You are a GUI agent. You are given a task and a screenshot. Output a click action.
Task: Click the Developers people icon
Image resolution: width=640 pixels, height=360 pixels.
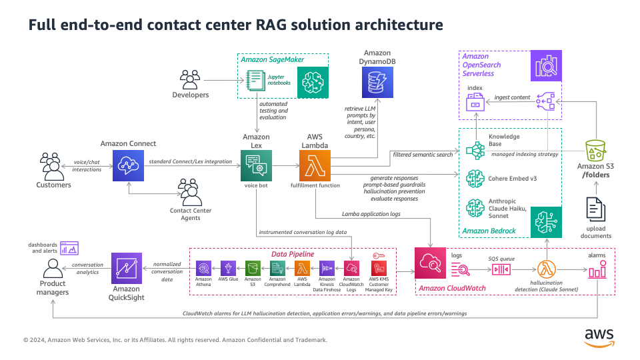[190, 80]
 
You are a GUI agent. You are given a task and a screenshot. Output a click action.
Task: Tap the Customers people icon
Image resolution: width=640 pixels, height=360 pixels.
[53, 166]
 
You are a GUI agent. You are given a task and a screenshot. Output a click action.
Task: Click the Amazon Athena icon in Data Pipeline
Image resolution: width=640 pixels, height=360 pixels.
[203, 268]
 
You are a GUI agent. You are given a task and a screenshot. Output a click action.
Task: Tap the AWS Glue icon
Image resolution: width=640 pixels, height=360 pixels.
[228, 268]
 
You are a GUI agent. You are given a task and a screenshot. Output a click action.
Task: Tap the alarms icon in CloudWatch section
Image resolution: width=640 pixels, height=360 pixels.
[597, 271]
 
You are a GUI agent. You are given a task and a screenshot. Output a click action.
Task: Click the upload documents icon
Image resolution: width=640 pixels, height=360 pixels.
[596, 210]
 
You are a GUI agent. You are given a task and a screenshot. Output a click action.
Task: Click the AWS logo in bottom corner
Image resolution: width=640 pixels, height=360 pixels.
[599, 337]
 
